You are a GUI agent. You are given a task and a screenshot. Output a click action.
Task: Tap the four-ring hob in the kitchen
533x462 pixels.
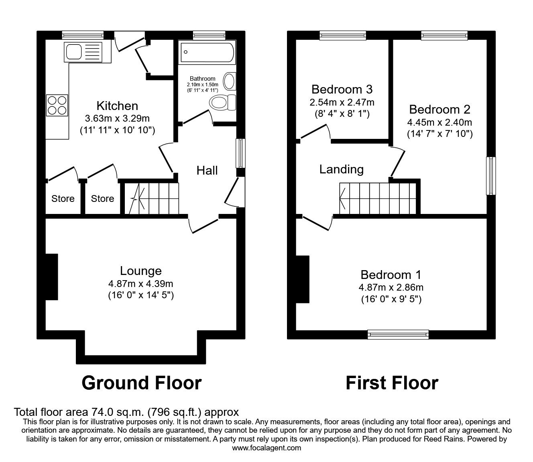click(x=57, y=105)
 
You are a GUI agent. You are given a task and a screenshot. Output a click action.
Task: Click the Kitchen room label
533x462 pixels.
click(x=117, y=106)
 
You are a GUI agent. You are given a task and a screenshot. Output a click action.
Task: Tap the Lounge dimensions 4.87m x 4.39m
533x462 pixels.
click(x=140, y=284)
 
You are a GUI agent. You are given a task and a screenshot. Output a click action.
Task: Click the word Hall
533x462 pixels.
click(x=207, y=171)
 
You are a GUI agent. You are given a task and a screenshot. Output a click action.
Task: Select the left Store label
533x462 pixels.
click(x=63, y=199)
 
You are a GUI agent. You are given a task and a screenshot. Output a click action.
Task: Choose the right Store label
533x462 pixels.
click(x=102, y=199)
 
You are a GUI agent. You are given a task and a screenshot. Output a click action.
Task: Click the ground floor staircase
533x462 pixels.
click(x=151, y=199)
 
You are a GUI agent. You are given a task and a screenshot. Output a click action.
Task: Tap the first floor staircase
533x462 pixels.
click(x=377, y=198)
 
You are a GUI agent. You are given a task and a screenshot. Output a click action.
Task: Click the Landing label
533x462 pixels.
click(x=341, y=169)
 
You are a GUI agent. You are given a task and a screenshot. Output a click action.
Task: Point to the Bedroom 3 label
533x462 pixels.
click(x=342, y=89)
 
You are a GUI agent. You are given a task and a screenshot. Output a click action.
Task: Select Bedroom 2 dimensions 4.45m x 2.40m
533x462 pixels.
click(x=439, y=122)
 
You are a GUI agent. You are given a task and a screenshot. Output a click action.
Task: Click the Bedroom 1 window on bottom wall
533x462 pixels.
click(x=398, y=334)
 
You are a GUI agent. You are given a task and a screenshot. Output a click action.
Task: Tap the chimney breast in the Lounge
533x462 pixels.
click(x=51, y=276)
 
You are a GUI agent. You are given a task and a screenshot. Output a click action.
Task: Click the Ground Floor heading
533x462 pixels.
click(x=141, y=383)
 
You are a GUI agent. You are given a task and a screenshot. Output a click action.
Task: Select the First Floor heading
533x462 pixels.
click(x=392, y=383)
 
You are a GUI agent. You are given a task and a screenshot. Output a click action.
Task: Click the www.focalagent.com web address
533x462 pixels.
click(x=266, y=448)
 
